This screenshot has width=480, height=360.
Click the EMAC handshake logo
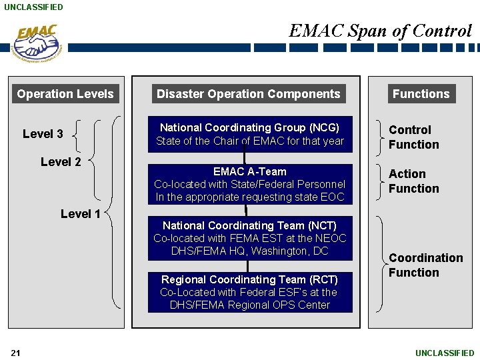tap(37, 42)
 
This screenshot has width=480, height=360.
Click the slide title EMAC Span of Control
tap(380, 31)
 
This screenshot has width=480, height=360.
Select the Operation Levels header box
tap(65, 94)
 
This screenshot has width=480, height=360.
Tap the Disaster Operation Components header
tap(248, 94)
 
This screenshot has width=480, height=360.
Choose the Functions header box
tap(421, 94)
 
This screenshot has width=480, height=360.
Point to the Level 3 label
tap(43, 134)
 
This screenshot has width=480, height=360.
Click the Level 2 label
tap(61, 162)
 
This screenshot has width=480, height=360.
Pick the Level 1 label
tap(80, 214)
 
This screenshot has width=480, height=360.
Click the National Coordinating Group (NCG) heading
tap(249, 127)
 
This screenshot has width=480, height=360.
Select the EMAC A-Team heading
tap(249, 171)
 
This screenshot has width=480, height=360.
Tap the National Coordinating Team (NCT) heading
tap(249, 226)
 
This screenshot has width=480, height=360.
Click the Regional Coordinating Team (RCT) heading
tap(249, 280)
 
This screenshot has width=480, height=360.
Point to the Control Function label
tap(413, 137)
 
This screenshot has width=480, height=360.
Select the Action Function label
tap(413, 181)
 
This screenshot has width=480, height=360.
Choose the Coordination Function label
tap(425, 265)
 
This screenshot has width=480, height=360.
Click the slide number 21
tap(15, 353)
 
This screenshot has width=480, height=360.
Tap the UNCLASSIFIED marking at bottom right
tap(445, 353)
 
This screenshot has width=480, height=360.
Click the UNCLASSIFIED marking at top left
tap(33, 7)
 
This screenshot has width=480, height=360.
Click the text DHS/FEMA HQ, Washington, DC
tap(249, 251)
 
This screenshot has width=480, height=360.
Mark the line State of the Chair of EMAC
tap(249, 141)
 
